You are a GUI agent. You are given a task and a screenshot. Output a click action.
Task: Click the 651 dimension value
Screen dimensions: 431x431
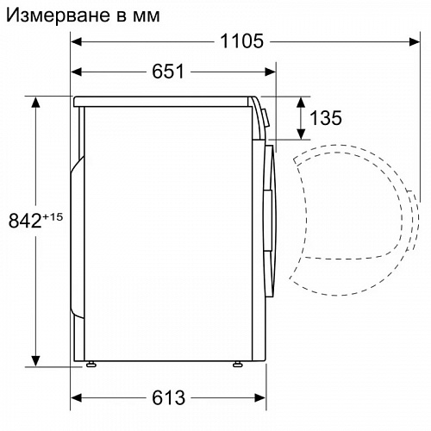click(x=168, y=72)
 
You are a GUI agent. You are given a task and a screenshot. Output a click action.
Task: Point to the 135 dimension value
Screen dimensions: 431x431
click(x=324, y=118)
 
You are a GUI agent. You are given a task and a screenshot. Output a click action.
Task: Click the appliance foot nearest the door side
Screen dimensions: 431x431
click(x=235, y=365)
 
